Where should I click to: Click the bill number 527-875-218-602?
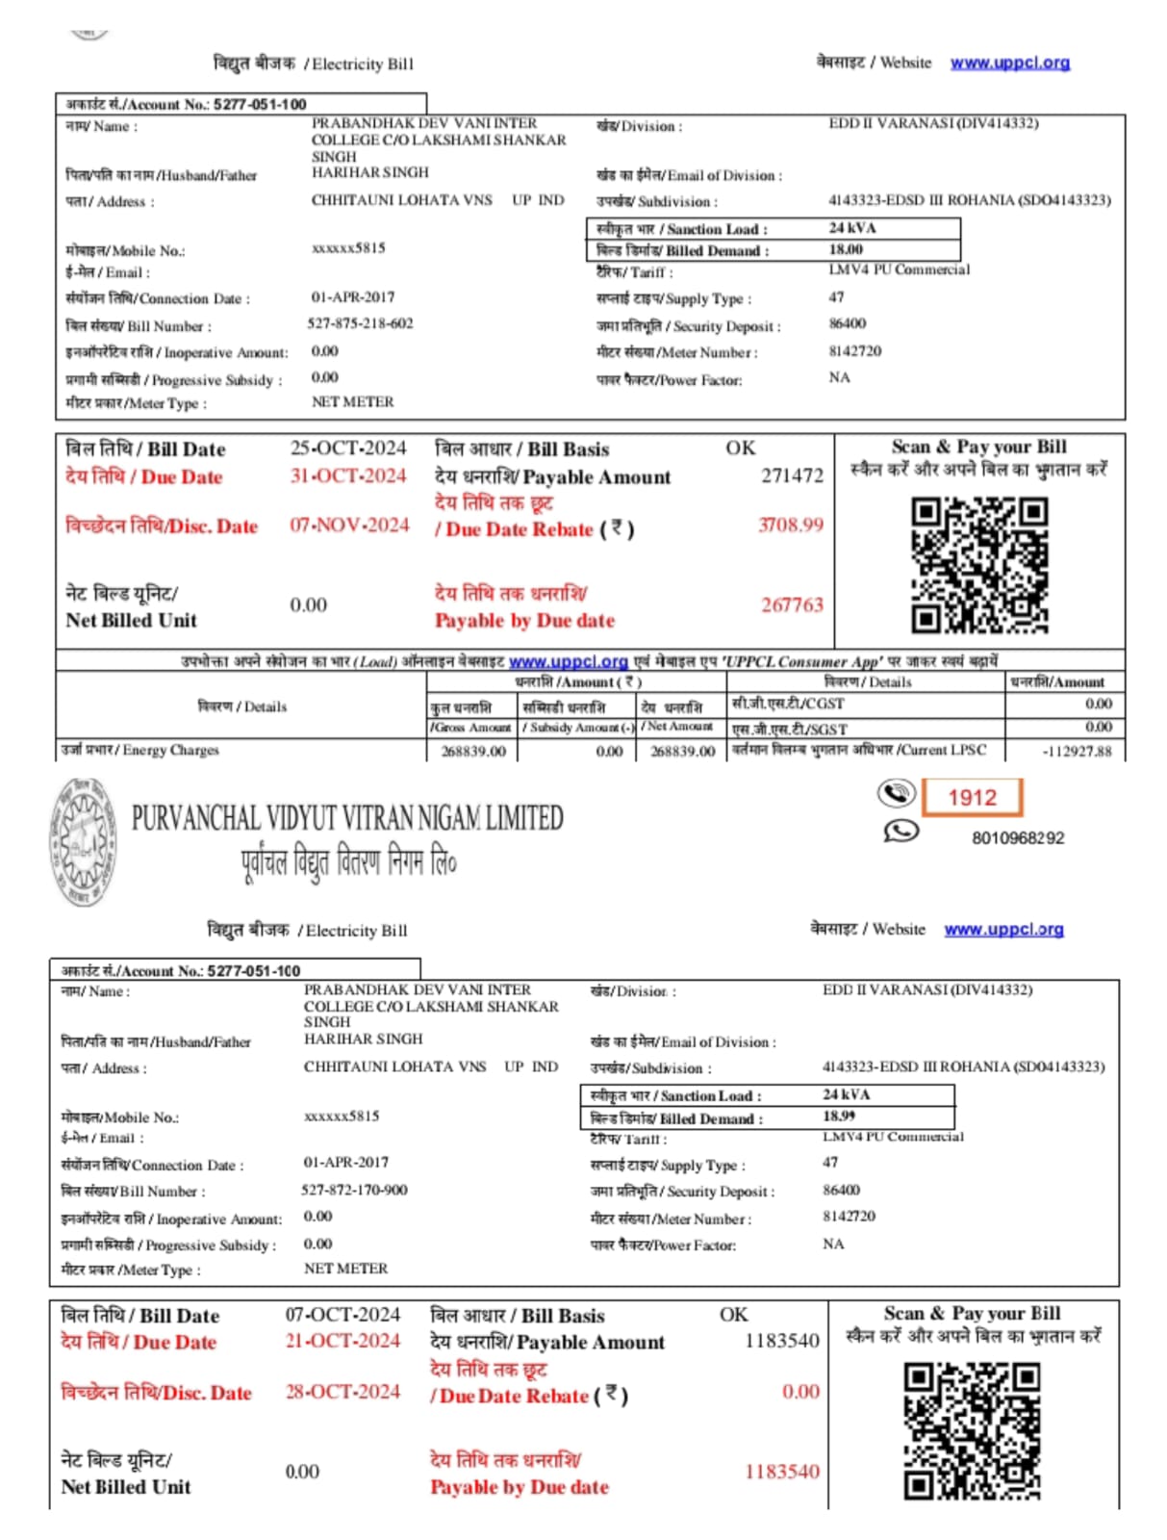pyautogui.click(x=360, y=323)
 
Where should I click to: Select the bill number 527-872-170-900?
pyautogui.click(x=354, y=1190)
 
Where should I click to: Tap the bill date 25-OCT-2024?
pyautogui.click(x=348, y=449)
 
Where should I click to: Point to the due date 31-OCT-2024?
pyautogui.click(x=348, y=475)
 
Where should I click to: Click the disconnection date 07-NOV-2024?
pyautogui.click(x=349, y=525)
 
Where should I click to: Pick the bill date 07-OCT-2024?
pyautogui.click(x=342, y=1314)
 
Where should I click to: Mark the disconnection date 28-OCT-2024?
pyautogui.click(x=342, y=1392)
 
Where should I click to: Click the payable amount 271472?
pyautogui.click(x=792, y=475)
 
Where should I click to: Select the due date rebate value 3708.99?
pyautogui.click(x=791, y=525)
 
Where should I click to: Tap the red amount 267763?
pyautogui.click(x=792, y=604)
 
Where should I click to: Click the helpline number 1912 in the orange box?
pyautogui.click(x=972, y=797)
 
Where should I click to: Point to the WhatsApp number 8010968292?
pyautogui.click(x=1018, y=837)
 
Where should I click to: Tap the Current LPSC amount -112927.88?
pyautogui.click(x=1077, y=751)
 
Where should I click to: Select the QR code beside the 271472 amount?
pyautogui.click(x=979, y=565)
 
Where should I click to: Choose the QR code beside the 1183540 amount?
pyautogui.click(x=972, y=1431)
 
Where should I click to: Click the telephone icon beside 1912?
pyautogui.click(x=897, y=794)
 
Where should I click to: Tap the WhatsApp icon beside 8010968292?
pyautogui.click(x=901, y=831)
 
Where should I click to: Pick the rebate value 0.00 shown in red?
pyautogui.click(x=800, y=1392)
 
